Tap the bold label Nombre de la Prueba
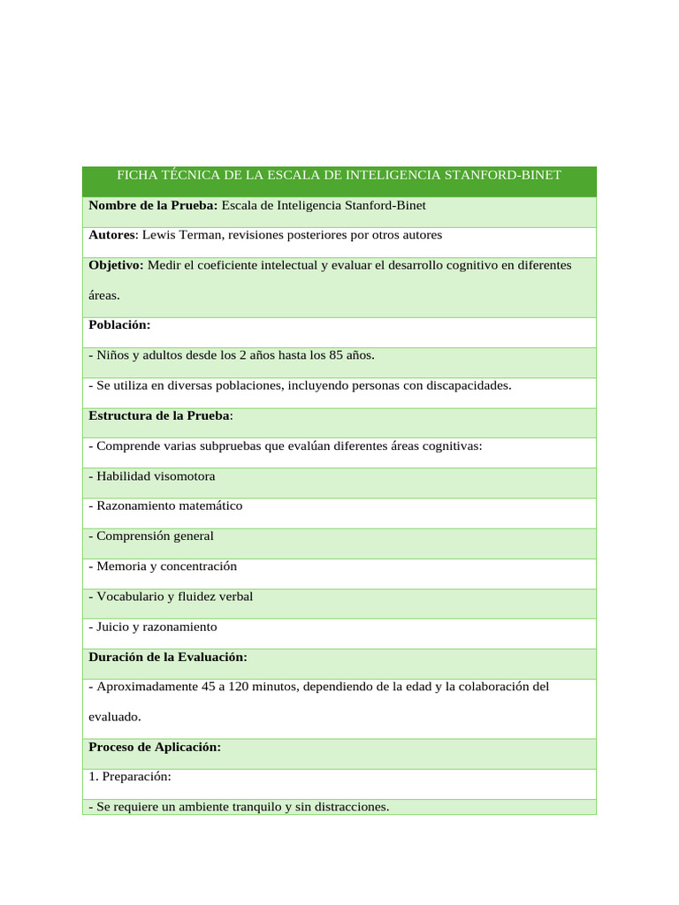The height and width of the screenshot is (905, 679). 153,205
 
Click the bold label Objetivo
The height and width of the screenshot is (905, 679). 115,265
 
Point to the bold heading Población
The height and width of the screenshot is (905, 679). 119,325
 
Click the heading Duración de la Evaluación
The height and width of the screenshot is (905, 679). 167,657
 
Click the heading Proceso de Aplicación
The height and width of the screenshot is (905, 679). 154,747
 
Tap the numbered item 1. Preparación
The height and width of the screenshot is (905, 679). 130,777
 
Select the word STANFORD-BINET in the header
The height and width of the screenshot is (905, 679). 503,175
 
